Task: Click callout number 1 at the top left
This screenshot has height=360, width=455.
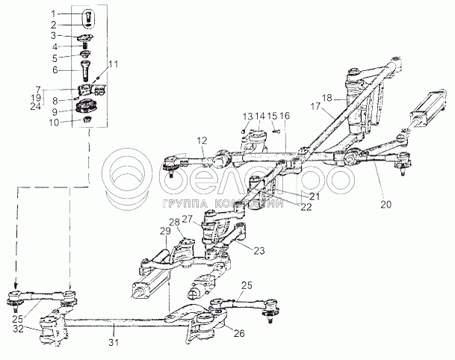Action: coord(52,14)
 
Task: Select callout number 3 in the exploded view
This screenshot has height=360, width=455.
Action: coord(52,35)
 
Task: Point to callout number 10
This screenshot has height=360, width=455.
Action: coord(52,122)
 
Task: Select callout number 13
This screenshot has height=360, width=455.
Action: coord(245,117)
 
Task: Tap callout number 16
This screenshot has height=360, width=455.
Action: coord(285,117)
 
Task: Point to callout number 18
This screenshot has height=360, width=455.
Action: coord(326,97)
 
